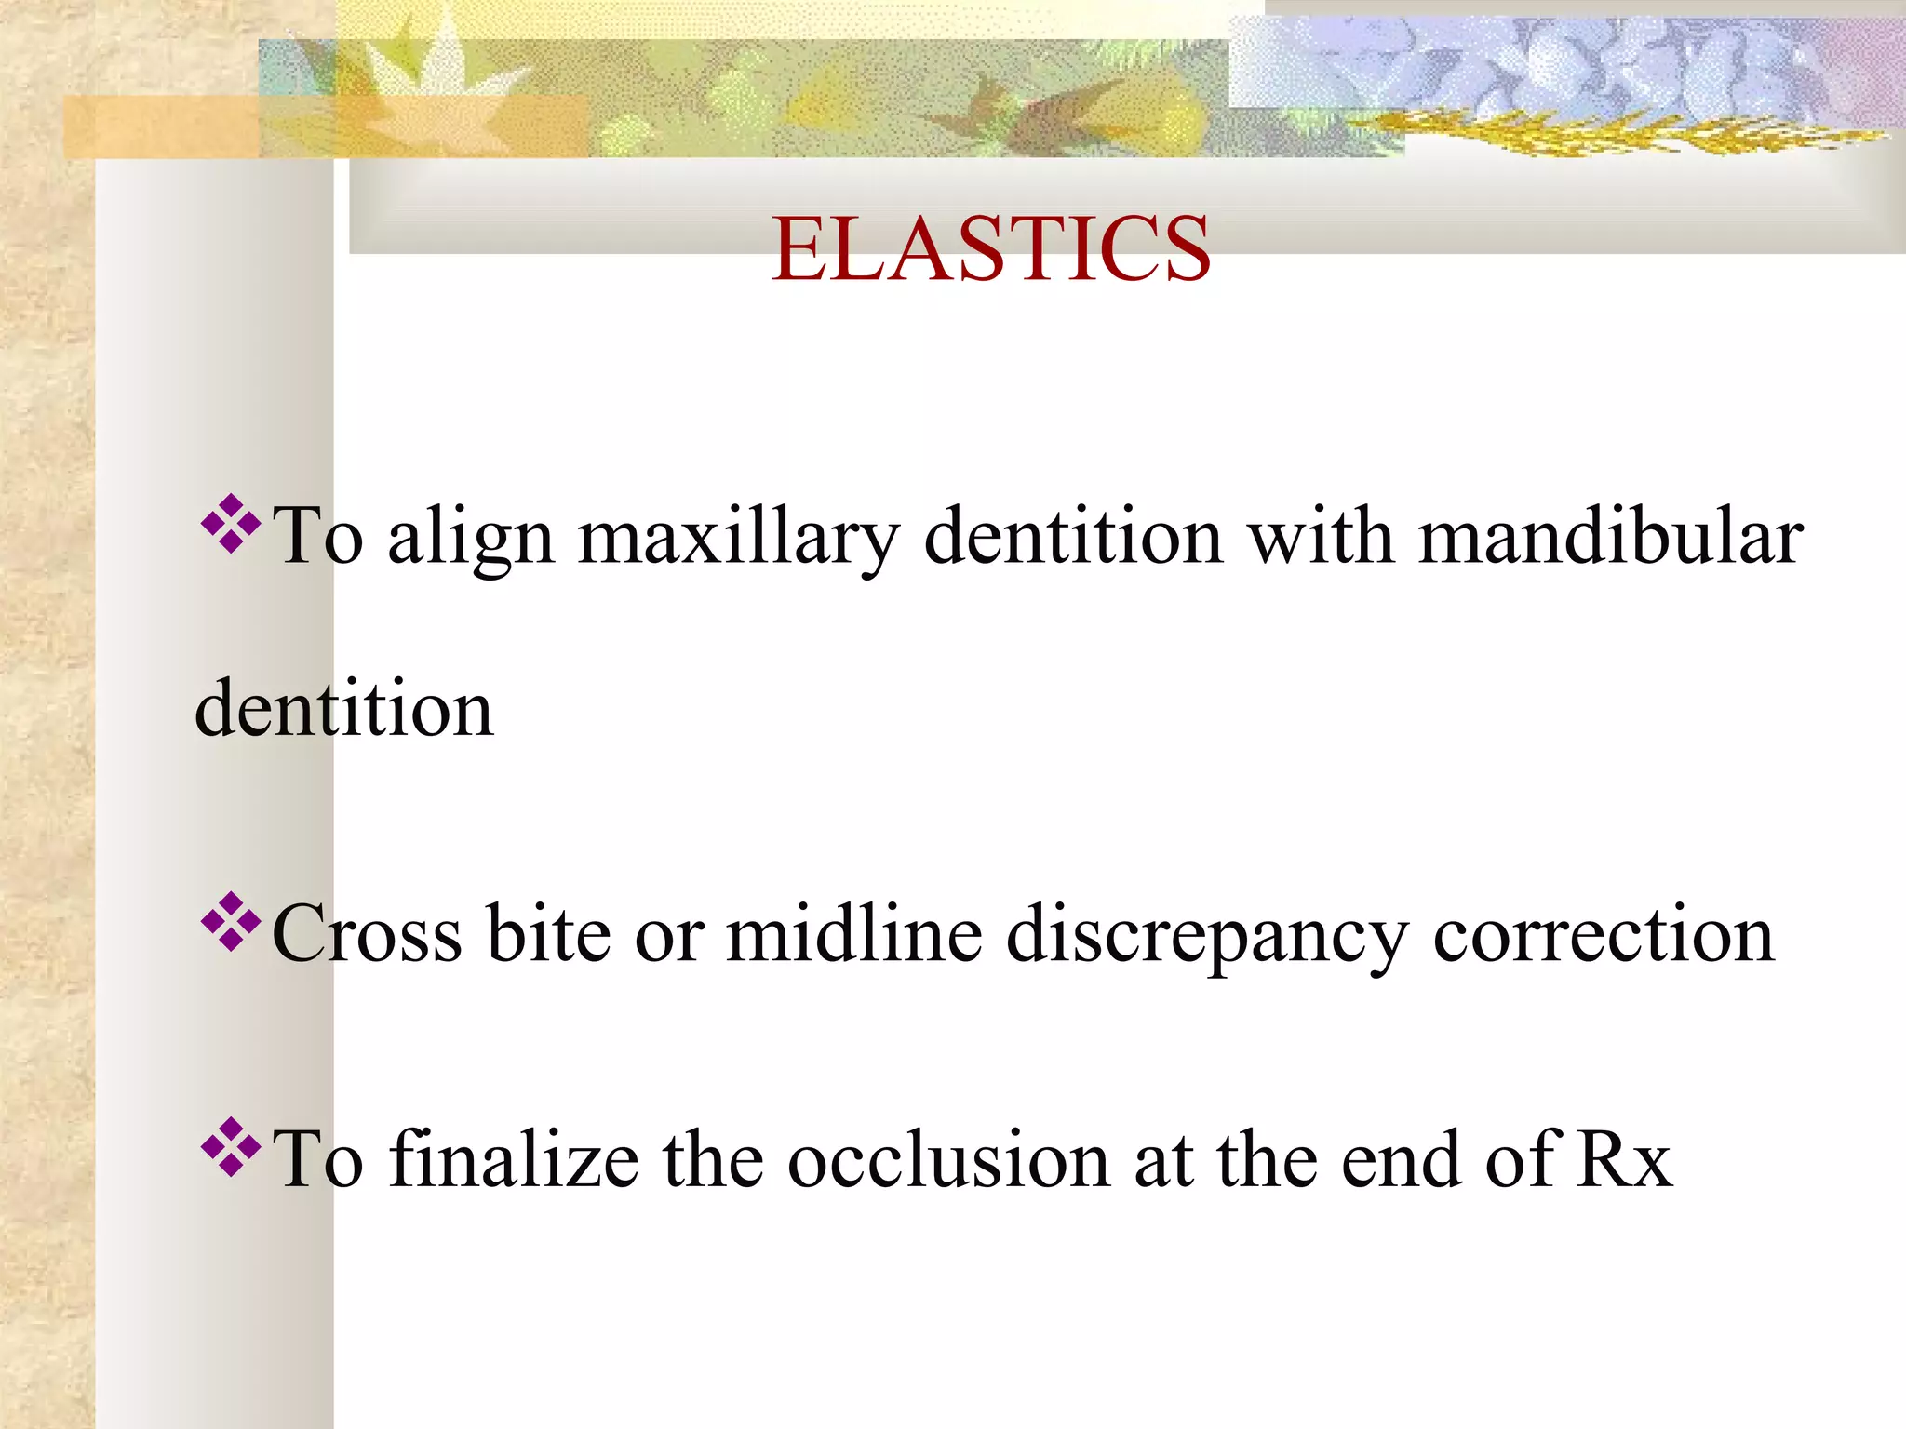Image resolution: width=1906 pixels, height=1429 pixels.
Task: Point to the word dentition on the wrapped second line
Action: [x=344, y=709]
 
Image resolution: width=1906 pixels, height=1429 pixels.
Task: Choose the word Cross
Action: [x=367, y=934]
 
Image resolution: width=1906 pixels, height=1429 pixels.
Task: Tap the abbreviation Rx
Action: [x=1624, y=1160]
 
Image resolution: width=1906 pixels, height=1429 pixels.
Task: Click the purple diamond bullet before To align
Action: [x=230, y=525]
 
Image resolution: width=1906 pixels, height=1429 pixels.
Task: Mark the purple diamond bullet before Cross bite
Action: [x=230, y=921]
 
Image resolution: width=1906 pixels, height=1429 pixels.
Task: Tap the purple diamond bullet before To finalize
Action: [x=230, y=1146]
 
